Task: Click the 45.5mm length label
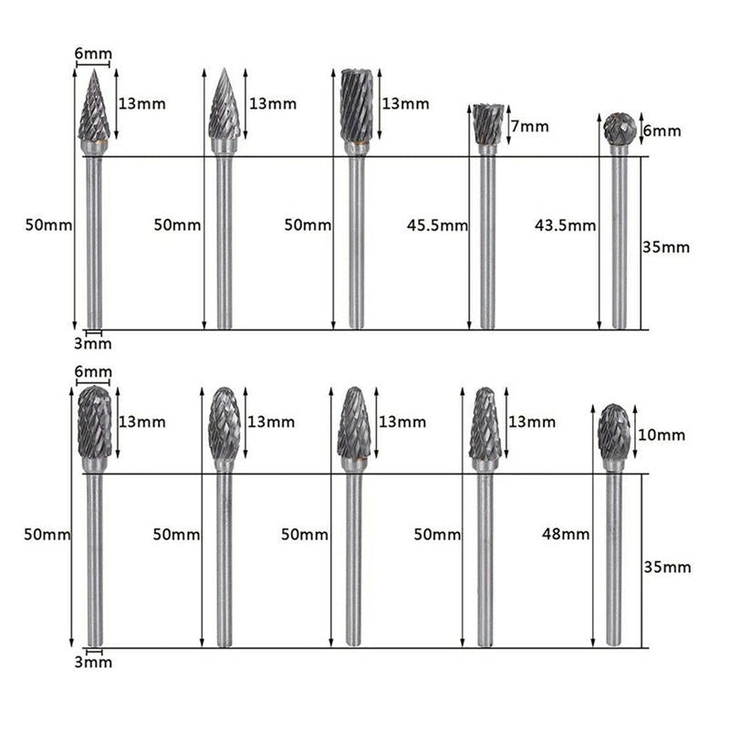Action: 437,225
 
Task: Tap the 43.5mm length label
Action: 565,225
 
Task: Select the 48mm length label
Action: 566,534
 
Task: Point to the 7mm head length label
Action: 530,126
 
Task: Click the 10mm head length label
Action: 661,435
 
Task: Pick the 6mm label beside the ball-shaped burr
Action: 662,130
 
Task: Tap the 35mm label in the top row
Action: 666,247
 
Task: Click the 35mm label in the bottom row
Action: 667,567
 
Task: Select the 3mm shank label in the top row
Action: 93,344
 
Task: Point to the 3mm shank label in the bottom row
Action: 94,662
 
